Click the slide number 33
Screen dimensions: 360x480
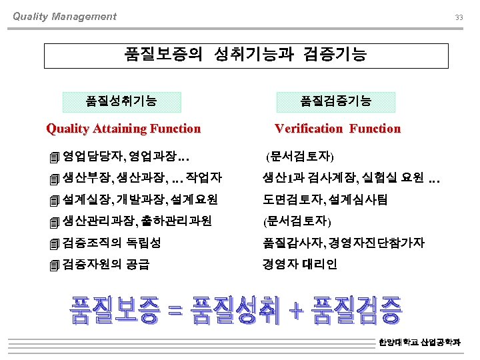[459, 17]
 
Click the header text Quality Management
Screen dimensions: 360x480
[65, 17]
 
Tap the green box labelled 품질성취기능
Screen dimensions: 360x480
[121, 101]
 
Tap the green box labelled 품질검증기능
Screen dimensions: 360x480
[336, 101]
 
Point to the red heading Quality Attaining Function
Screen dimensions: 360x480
[123, 129]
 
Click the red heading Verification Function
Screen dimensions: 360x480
[338, 129]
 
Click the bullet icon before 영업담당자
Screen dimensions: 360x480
[54, 158]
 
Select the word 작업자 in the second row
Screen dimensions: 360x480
[205, 178]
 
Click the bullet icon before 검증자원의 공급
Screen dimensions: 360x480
[54, 265]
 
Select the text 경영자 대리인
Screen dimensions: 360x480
[300, 263]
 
